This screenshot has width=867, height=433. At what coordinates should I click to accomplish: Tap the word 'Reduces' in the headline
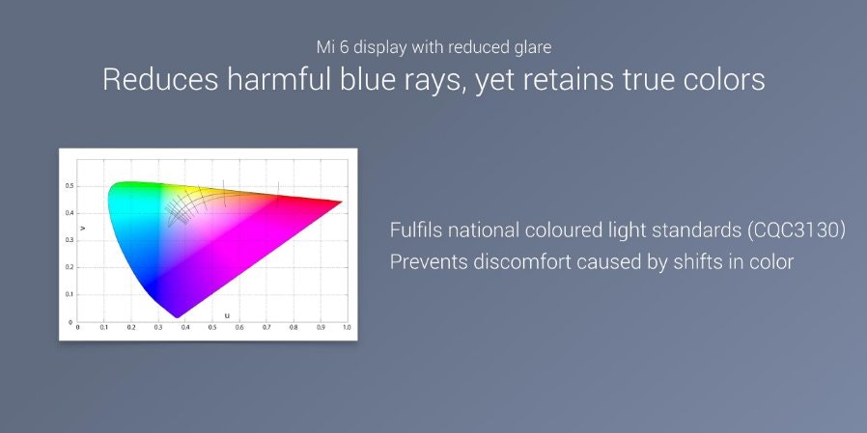[160, 80]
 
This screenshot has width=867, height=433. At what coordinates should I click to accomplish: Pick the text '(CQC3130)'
[796, 230]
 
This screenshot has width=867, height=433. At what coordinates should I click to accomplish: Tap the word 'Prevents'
[428, 261]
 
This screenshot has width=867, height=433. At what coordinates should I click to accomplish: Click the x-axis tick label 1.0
[347, 328]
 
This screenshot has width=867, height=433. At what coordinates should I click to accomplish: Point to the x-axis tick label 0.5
[212, 328]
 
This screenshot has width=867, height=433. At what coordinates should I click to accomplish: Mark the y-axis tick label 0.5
[70, 186]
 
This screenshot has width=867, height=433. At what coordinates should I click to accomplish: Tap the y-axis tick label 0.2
[70, 267]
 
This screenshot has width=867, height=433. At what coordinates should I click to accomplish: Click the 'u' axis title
[227, 315]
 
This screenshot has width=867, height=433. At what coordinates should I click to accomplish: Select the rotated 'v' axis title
[83, 228]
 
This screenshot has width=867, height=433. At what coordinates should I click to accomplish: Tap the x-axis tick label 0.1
[104, 328]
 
